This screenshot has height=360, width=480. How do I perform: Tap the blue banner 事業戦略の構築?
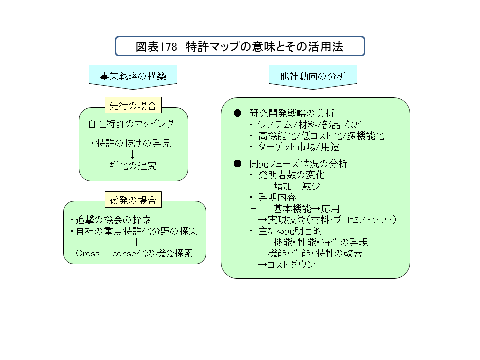tap(133, 76)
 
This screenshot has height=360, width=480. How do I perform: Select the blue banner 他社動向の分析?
tap(313, 76)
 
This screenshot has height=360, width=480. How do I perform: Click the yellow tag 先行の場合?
tap(133, 105)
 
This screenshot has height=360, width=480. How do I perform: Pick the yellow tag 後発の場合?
tap(133, 200)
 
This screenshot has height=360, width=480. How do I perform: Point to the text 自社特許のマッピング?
tap(131, 124)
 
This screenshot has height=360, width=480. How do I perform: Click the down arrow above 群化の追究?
tap(132, 154)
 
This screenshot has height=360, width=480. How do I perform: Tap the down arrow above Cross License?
tap(136, 242)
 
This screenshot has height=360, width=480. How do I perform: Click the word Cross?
tap(88, 254)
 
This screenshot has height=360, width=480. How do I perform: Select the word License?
tap(121, 254)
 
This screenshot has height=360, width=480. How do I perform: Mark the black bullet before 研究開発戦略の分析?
tap(237, 113)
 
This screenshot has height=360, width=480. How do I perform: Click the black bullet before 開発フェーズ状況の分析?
tap(237, 164)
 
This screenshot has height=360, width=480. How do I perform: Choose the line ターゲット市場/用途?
tap(299, 147)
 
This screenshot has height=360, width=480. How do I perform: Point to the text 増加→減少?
tap(297, 186)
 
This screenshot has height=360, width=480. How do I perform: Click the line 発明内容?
tap(277, 197)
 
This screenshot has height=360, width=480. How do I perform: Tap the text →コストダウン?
tap(287, 265)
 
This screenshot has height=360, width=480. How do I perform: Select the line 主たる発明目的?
tap(291, 231)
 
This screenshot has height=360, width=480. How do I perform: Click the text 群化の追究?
tap(133, 166)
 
